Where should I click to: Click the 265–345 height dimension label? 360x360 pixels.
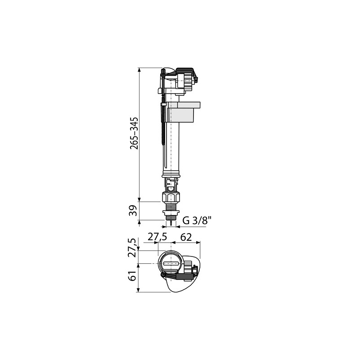tap(134, 133)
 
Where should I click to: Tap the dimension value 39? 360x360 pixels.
tap(133, 210)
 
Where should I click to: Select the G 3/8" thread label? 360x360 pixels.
tap(197, 221)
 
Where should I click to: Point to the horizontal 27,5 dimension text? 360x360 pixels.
tap(157, 237)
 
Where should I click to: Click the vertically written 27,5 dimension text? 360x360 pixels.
tap(133, 248)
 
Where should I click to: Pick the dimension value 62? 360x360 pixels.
tap(186, 237)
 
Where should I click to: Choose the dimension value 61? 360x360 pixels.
tap(133, 276)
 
